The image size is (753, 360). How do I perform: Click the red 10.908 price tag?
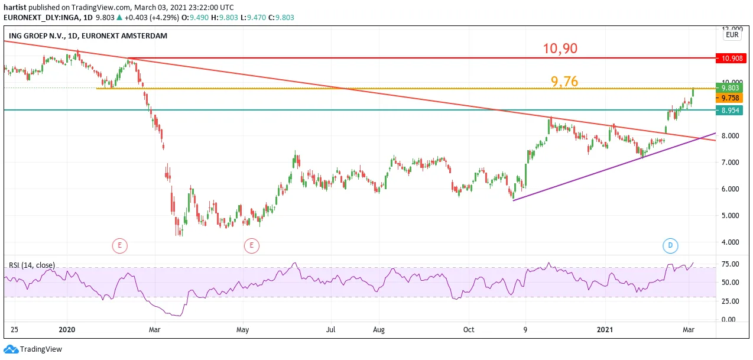731,58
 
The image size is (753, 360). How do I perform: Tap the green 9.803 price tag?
729,87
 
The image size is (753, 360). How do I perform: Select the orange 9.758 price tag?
729,98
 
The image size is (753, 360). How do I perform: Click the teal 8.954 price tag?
729,111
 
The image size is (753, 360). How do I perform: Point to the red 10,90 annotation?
560,48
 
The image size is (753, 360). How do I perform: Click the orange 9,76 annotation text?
564,82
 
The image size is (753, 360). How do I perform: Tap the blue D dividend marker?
670,245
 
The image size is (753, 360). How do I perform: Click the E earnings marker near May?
251,246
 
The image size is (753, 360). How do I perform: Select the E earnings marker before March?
119,246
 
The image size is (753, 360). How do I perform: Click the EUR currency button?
732,35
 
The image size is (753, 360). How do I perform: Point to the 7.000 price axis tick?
730,163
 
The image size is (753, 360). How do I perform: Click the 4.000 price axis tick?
730,242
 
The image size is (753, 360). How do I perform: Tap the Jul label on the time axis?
331,329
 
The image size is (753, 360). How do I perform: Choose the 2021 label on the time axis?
605,329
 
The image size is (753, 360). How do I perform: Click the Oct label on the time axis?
469,329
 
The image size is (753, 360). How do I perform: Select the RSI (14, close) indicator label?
31,265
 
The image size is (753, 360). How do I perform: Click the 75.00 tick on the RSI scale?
730,264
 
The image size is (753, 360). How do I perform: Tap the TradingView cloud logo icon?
11,349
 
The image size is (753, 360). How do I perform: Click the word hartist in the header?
15,7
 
